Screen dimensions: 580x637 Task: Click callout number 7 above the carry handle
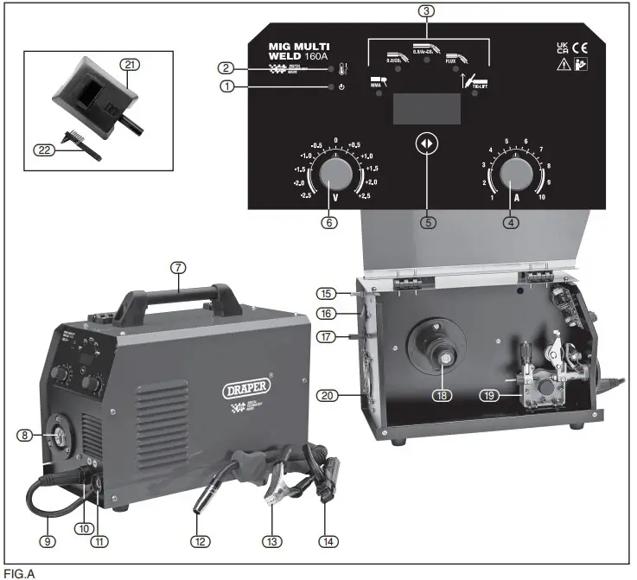click(x=178, y=268)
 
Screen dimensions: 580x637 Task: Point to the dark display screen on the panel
click(x=427, y=109)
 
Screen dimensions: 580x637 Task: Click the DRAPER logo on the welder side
click(x=247, y=385)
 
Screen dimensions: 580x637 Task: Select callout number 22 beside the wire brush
click(x=43, y=150)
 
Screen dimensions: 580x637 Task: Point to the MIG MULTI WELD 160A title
click(x=298, y=51)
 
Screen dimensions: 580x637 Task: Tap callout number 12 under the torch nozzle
click(x=200, y=542)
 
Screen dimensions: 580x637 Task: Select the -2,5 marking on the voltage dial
click(x=306, y=196)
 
